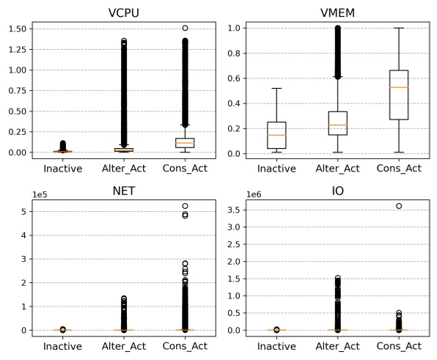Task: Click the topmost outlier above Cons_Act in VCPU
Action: coord(186,28)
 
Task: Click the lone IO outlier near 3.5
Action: coord(399,206)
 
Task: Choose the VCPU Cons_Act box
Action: coord(186,142)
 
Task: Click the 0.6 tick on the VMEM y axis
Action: coord(233,78)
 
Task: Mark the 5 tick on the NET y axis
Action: coord(23,212)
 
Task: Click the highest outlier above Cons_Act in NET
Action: coord(186,206)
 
